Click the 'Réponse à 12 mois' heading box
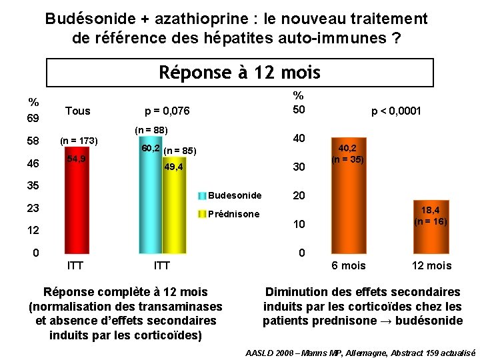click(x=240, y=72)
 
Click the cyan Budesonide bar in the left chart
click(x=150, y=200)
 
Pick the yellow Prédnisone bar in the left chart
click(x=173, y=213)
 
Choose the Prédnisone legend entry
click(x=234, y=214)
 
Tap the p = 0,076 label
click(x=167, y=111)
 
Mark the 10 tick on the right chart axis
click(x=299, y=225)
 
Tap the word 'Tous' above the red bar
click(x=78, y=110)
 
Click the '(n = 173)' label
click(x=79, y=141)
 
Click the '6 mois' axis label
click(x=349, y=266)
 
